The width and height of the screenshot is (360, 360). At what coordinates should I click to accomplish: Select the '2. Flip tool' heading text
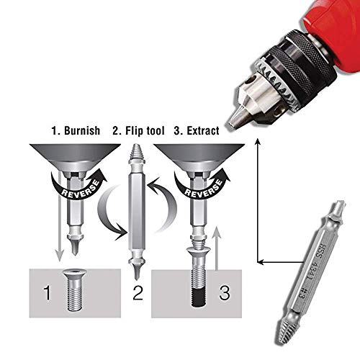point(138,132)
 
